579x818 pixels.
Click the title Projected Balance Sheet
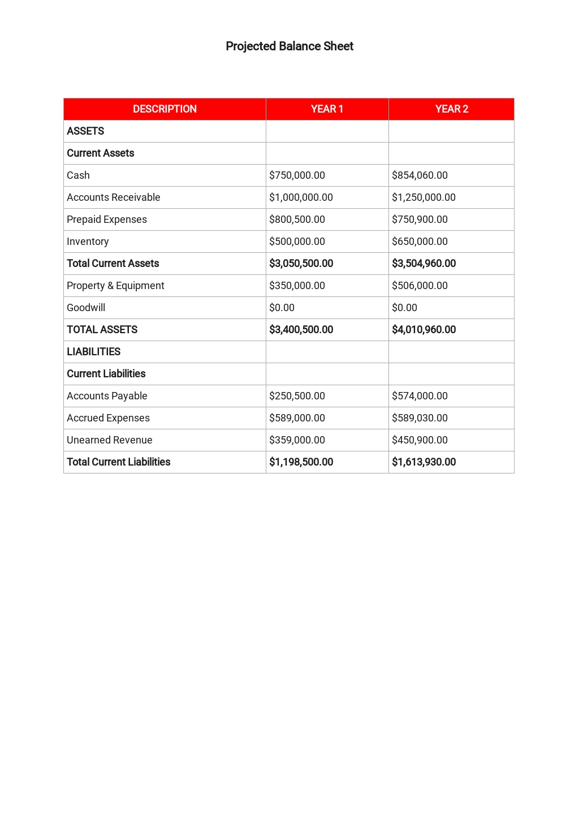point(289,46)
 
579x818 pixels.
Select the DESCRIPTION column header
point(165,109)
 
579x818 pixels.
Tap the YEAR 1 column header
point(327,109)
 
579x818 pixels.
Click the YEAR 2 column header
point(451,109)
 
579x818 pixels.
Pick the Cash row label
point(78,175)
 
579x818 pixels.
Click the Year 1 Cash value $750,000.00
point(297,175)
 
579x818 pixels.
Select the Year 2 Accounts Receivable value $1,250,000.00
point(424,197)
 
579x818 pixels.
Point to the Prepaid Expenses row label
point(107,219)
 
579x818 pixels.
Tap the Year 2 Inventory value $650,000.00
point(420,242)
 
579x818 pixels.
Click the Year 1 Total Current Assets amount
point(301,264)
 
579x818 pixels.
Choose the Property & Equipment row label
point(115,286)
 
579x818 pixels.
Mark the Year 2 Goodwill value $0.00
point(404,308)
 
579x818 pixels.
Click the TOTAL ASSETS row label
point(102,330)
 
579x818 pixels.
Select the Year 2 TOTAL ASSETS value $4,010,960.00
point(424,330)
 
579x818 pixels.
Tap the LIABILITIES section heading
point(94,352)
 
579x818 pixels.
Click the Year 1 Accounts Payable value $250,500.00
point(297,396)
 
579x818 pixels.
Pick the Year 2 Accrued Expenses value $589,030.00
point(420,418)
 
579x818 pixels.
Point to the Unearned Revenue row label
point(110,440)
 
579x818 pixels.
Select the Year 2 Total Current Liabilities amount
point(424,462)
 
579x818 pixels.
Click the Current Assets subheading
point(101,153)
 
